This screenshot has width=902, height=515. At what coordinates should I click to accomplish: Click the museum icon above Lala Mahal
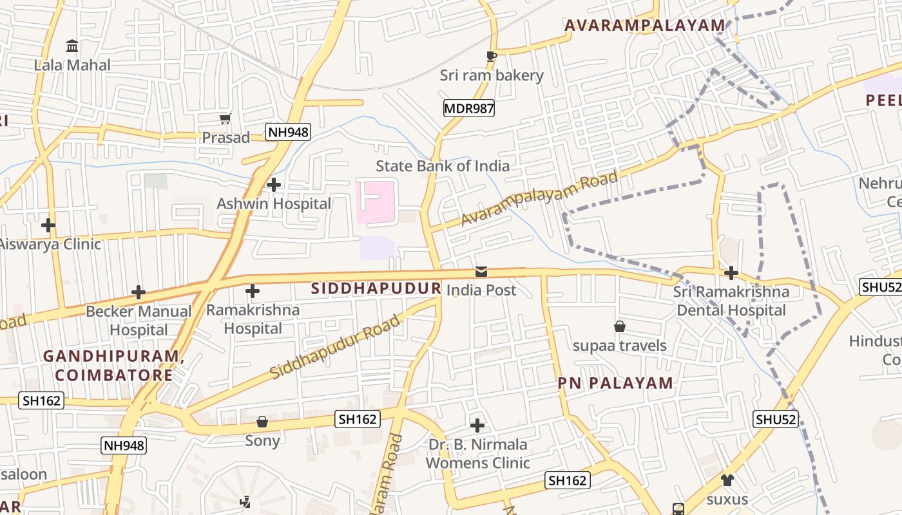click(x=72, y=46)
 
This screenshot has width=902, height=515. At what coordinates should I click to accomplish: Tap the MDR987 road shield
click(x=469, y=108)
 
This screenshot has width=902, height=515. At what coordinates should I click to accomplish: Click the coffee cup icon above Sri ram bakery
click(x=492, y=57)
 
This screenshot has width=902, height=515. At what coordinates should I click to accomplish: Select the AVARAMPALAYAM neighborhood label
click(x=644, y=26)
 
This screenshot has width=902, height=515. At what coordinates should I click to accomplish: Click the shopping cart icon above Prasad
click(x=225, y=118)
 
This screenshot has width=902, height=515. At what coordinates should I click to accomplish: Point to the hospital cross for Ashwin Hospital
click(x=274, y=185)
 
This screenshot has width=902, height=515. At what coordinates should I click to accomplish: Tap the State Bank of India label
click(x=443, y=166)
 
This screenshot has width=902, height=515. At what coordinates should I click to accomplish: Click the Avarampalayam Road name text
click(x=540, y=198)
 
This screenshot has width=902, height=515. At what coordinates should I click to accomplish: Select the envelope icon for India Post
click(x=481, y=272)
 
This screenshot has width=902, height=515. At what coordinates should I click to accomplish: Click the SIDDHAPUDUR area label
click(x=376, y=288)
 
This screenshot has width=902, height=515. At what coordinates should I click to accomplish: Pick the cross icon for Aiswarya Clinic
click(x=48, y=225)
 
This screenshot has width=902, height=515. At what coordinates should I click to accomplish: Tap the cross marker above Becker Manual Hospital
click(x=139, y=292)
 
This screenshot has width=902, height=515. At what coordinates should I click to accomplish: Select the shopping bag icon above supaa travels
click(x=620, y=326)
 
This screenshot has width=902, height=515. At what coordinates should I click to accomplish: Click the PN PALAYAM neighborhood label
click(x=615, y=384)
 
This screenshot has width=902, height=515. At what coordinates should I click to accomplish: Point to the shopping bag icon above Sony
click(x=262, y=422)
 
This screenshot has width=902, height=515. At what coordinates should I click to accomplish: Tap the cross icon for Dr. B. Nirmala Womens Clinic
click(x=477, y=426)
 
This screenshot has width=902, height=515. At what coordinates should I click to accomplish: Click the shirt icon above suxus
click(x=727, y=480)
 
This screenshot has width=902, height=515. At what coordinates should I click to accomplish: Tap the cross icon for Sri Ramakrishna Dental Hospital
click(x=731, y=273)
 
